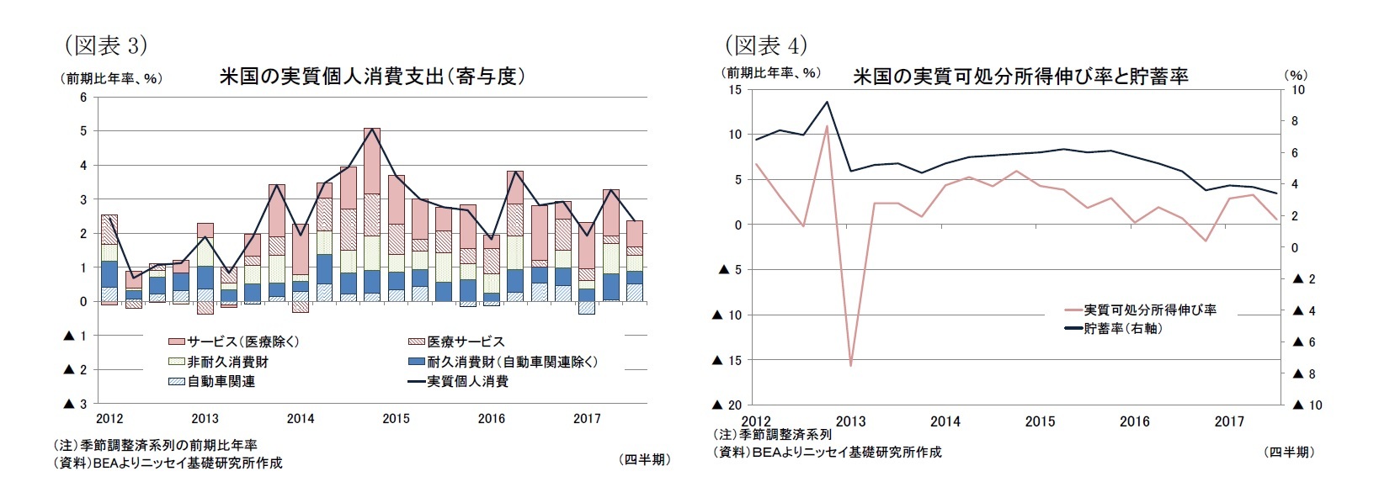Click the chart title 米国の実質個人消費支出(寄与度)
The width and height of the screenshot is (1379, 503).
[372, 77]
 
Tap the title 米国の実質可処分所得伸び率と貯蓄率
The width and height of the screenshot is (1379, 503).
[1020, 77]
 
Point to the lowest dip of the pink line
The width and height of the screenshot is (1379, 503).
[851, 365]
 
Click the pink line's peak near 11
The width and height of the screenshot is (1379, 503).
[827, 127]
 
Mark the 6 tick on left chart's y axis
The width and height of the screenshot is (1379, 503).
[83, 97]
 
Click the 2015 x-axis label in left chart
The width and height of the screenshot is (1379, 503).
[396, 418]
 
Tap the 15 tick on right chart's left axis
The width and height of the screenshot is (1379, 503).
[734, 89]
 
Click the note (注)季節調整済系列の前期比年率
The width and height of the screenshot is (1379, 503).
[155, 445]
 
